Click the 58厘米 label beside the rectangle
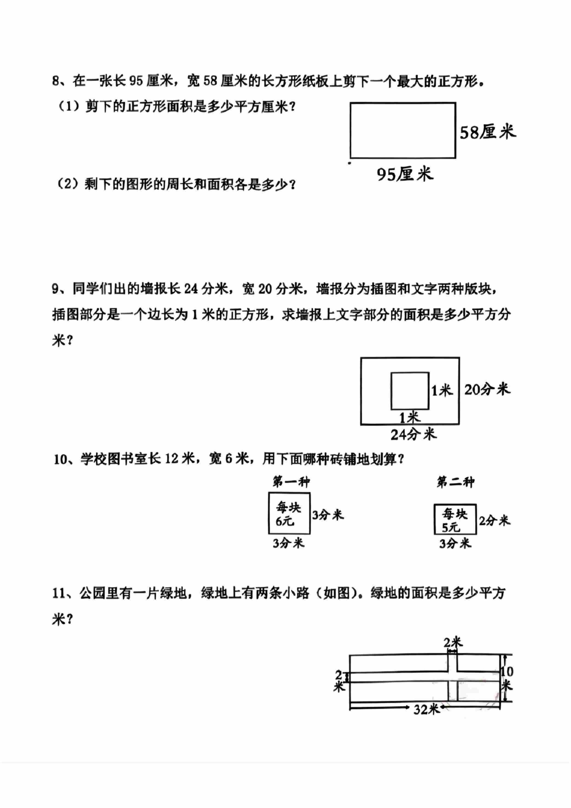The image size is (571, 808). (488, 132)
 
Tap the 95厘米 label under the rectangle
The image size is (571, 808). (405, 174)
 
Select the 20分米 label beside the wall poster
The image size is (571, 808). (487, 389)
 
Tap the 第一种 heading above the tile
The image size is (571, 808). (291, 482)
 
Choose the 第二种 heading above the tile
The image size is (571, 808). (455, 482)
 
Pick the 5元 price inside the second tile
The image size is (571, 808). (451, 528)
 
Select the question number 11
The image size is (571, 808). (59, 593)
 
